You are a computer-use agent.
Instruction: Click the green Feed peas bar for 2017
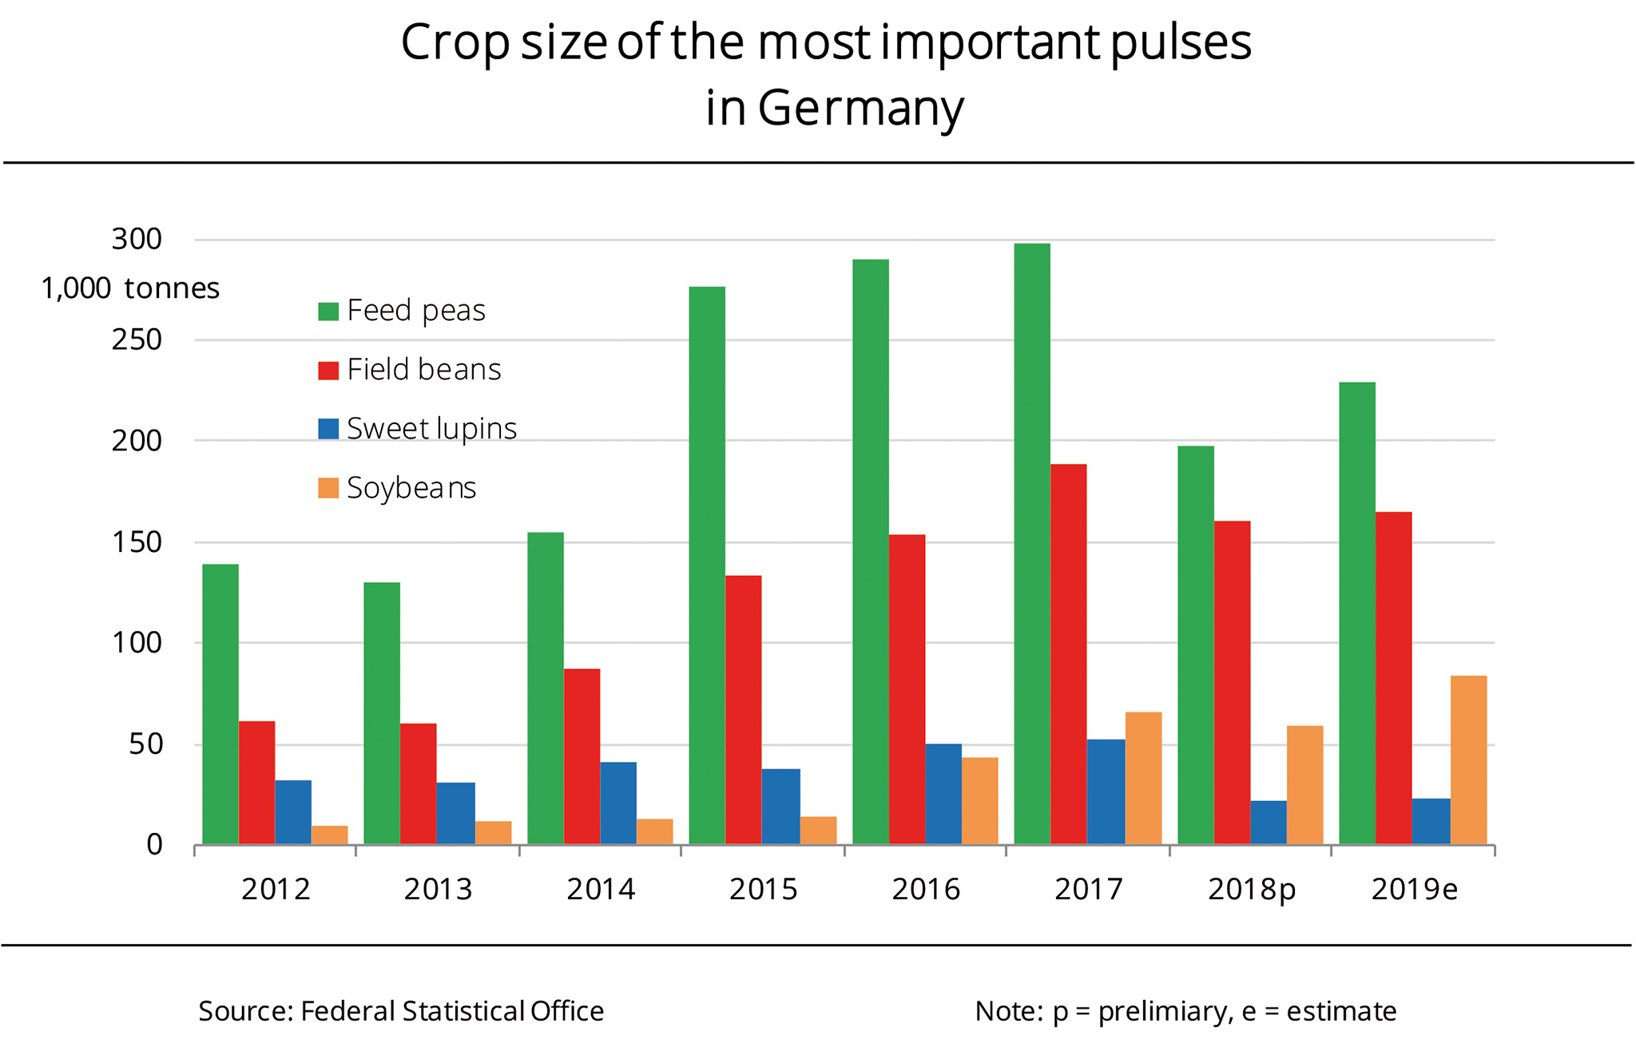(x=1032, y=543)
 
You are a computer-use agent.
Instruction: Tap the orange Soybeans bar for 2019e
(x=1468, y=760)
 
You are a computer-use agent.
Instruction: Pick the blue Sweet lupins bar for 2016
(x=943, y=794)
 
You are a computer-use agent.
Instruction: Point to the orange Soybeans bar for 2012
(x=329, y=835)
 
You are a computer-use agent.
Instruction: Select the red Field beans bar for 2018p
(x=1232, y=682)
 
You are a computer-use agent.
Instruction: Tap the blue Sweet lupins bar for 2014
(x=618, y=803)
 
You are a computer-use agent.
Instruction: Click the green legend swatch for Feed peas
(x=328, y=311)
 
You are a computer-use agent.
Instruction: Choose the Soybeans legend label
(x=411, y=488)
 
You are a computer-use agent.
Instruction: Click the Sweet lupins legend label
(x=431, y=429)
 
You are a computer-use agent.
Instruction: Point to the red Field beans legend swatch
(x=328, y=370)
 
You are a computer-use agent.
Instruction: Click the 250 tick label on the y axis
(x=137, y=340)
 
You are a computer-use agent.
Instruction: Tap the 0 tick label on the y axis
(x=154, y=845)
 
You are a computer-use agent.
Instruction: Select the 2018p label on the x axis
(x=1251, y=890)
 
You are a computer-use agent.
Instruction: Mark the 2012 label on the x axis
(x=276, y=890)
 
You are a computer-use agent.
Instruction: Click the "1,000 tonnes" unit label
(x=130, y=288)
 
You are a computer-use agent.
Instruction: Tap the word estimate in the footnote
(x=1341, y=1011)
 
